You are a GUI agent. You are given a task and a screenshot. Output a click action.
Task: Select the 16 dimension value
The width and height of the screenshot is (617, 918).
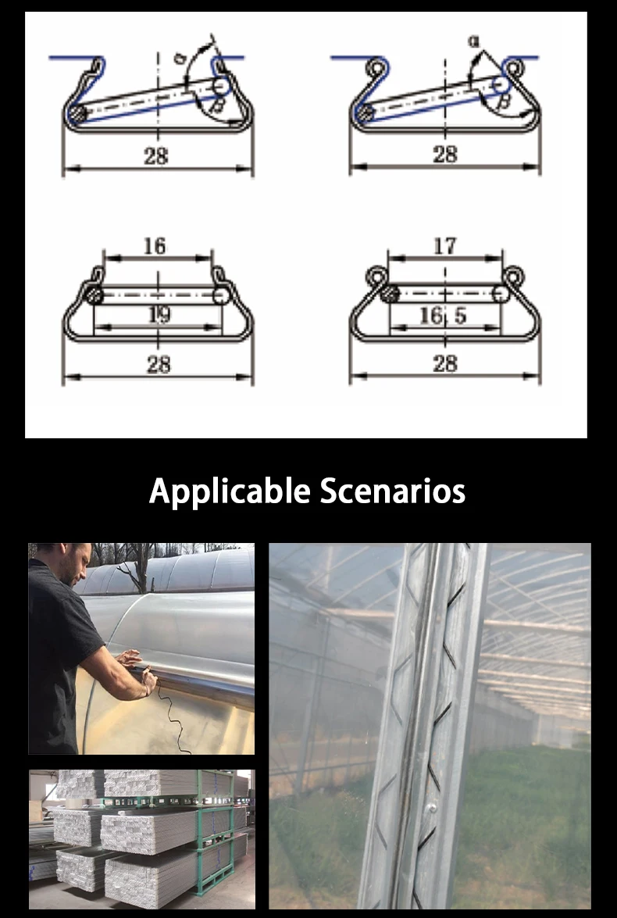click(x=155, y=246)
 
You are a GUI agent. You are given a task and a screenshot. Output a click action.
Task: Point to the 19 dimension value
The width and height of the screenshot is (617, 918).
click(x=159, y=315)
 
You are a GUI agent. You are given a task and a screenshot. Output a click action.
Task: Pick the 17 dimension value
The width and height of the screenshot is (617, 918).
click(x=444, y=246)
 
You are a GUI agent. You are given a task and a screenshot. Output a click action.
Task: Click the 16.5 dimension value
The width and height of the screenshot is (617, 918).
click(x=444, y=315)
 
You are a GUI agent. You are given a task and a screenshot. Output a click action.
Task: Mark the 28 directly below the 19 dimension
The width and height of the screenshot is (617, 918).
click(x=159, y=364)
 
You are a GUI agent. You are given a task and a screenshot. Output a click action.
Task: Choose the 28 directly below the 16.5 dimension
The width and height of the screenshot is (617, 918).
click(x=444, y=363)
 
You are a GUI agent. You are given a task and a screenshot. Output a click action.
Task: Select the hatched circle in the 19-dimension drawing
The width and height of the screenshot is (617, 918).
click(x=94, y=295)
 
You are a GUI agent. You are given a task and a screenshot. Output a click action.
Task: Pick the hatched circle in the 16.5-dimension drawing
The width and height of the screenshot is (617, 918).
click(x=390, y=294)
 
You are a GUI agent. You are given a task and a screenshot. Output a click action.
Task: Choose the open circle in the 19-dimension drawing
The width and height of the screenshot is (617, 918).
click(x=221, y=295)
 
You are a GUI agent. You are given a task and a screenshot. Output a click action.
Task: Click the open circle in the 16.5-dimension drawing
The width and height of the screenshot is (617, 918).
click(x=500, y=294)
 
